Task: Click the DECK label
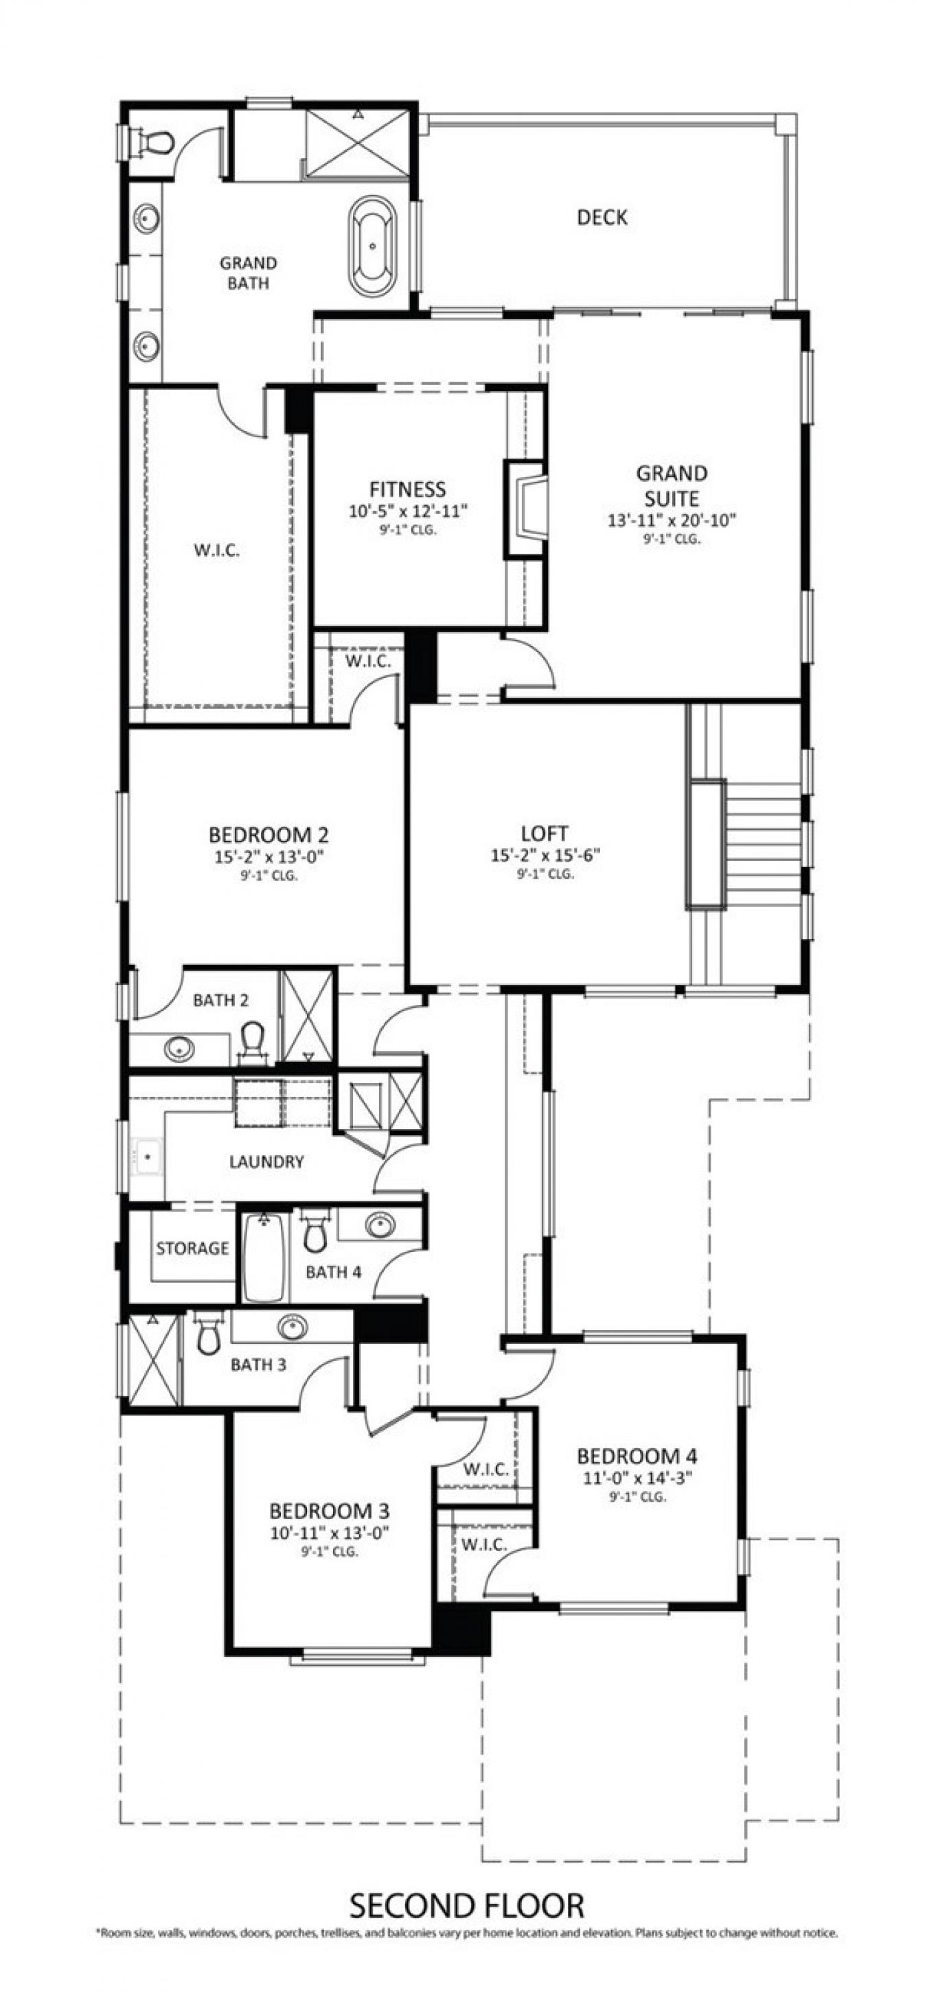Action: coord(602,218)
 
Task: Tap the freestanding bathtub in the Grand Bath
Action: coord(373,246)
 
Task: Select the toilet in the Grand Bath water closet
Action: coord(154,143)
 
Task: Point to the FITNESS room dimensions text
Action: coord(408,511)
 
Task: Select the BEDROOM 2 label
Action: coord(268,835)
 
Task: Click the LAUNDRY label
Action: coord(266,1161)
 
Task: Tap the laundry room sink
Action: coord(146,1156)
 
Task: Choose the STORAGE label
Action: coord(192,1249)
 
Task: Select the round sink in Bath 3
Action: coord(291,1327)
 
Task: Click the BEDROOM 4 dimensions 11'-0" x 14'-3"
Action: coord(637,1478)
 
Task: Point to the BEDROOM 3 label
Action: coord(329,1511)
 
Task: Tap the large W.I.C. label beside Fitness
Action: coord(216,551)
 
